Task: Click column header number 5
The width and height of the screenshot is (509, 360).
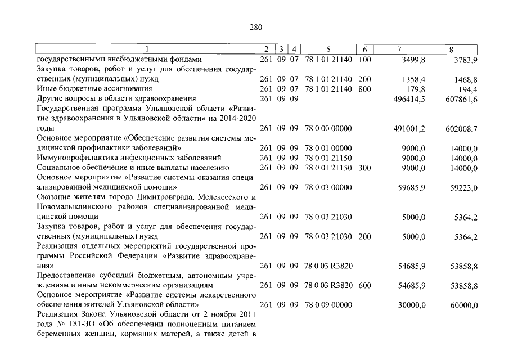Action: [x=328, y=49]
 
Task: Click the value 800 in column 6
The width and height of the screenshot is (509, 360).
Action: [x=364, y=89]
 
